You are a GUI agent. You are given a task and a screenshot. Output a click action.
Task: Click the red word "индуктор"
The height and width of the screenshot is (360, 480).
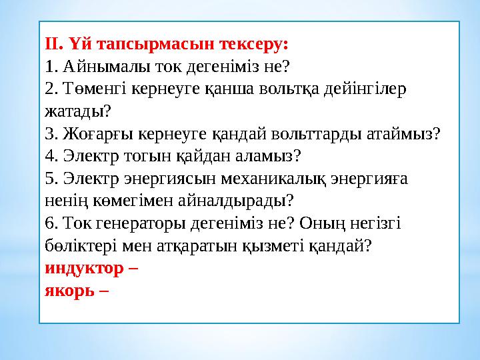pyautogui.click(x=84, y=269)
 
